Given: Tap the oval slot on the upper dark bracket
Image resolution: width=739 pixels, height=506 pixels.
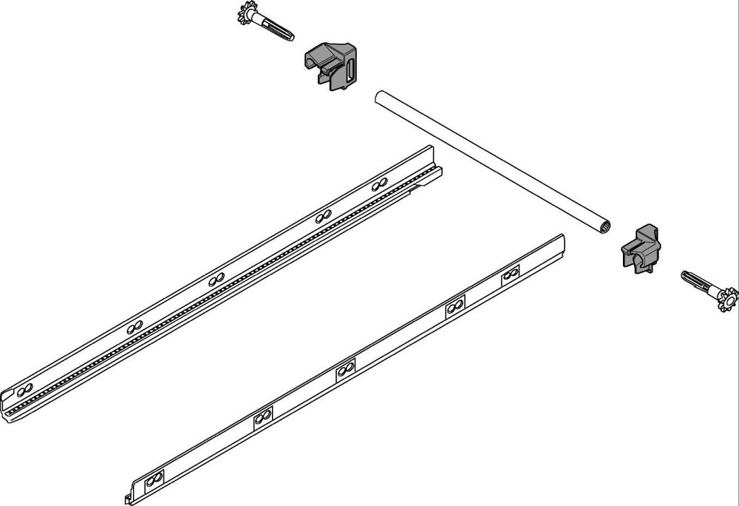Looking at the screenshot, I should (x=350, y=72).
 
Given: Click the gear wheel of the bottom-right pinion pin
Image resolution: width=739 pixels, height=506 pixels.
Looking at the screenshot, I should (x=729, y=299).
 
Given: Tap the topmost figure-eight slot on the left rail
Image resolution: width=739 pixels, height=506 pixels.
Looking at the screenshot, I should (x=380, y=183).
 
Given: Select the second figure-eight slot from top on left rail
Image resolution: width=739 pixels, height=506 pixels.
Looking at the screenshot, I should (x=322, y=217).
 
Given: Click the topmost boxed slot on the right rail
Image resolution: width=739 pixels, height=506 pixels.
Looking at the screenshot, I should (x=510, y=277).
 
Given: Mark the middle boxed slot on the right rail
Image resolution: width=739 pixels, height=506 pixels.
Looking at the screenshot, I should (x=346, y=370).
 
